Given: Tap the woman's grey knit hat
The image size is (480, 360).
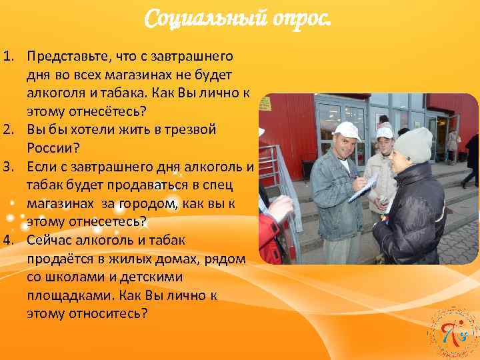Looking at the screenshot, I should (x=413, y=144).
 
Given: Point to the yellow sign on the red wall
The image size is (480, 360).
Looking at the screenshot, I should (x=265, y=103).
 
